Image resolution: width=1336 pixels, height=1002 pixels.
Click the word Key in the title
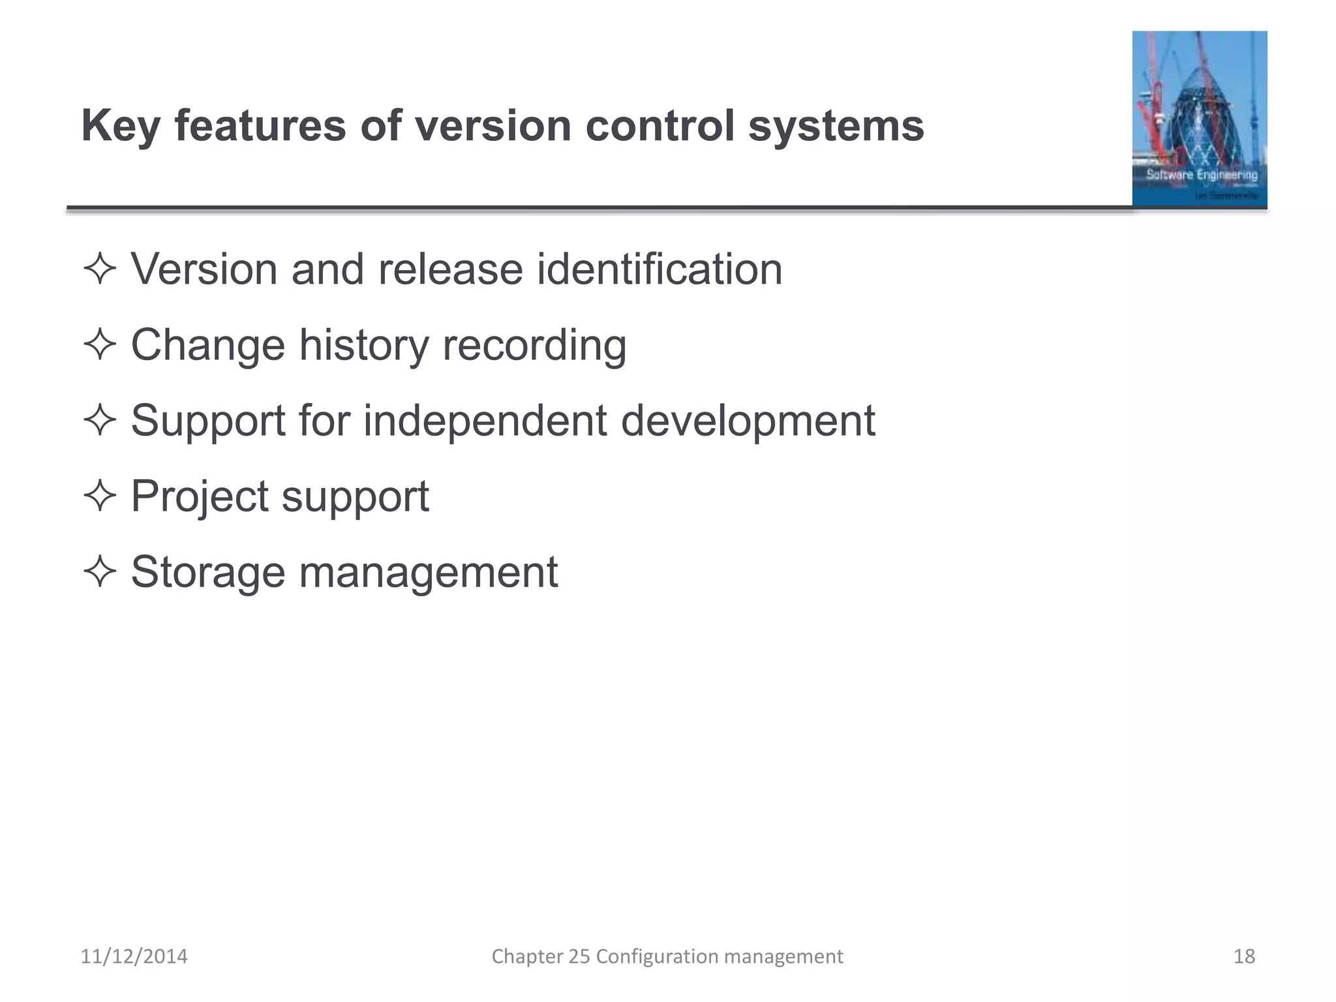[121, 127]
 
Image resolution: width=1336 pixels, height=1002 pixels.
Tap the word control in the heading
[660, 125]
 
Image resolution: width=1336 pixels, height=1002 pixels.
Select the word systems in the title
[836, 127]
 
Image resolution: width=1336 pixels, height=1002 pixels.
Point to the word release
[450, 270]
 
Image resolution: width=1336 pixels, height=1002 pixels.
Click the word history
[363, 345]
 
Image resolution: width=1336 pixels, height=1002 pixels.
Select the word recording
[534, 346]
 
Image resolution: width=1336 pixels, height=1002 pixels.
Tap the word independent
[485, 421]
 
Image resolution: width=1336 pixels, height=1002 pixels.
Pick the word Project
[199, 497]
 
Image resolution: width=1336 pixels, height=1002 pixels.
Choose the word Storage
[208, 573]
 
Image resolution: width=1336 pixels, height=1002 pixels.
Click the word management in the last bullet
[428, 573]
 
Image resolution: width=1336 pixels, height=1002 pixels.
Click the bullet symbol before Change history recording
[100, 345]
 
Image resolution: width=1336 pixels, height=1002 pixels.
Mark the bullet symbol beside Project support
[100, 496]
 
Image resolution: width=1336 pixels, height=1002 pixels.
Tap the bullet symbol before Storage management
[100, 572]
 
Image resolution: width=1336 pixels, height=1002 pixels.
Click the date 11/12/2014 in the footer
[134, 956]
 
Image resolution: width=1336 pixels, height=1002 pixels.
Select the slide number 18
[1244, 956]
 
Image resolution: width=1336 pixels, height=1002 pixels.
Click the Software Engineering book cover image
[1199, 119]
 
